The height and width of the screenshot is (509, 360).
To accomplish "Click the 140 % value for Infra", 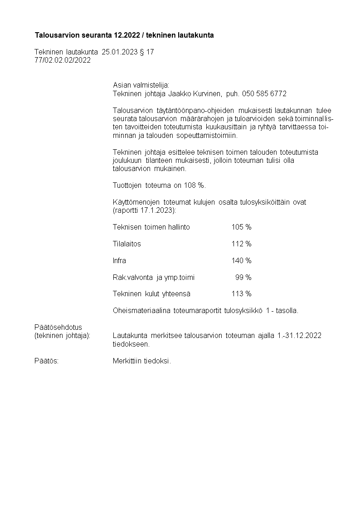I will (241, 260).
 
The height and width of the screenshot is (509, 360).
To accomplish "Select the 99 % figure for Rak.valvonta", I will (243, 277).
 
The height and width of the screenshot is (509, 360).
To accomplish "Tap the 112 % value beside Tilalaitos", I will (241, 244).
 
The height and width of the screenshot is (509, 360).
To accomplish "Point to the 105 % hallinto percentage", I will (241, 227).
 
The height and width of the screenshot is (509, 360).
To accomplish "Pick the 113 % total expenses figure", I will (241, 294).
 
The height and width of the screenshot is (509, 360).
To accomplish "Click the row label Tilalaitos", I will (126, 244).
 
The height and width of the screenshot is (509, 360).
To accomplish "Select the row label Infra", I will (119, 260).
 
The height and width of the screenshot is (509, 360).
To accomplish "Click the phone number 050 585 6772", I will (264, 93).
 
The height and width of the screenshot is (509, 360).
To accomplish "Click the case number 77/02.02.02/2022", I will (63, 60).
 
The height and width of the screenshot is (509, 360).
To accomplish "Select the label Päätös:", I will (46, 361).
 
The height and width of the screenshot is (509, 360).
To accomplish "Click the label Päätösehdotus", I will (58, 327).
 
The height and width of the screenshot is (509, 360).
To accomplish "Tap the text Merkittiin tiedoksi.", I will (142, 361).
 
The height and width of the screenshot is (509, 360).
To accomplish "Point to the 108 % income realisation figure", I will (194, 185).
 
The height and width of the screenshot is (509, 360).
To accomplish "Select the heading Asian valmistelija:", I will (141, 85).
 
